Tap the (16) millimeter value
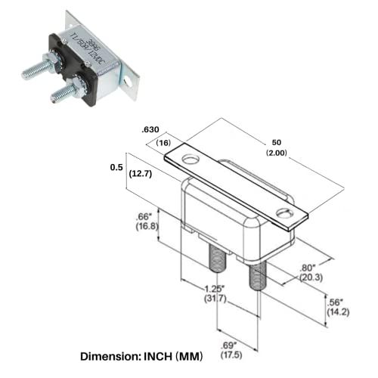(x=163, y=143)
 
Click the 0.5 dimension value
(x=116, y=167)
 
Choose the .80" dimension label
(x=311, y=267)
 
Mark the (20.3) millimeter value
(x=311, y=277)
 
